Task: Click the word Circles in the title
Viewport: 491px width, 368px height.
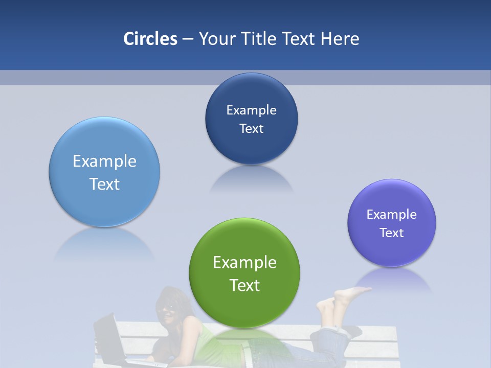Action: point(150,39)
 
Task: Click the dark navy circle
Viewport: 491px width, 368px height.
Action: point(251,119)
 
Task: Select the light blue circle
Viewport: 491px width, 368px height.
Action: point(104,172)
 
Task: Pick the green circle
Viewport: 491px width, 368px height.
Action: point(244,273)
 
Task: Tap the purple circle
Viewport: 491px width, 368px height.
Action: point(392,223)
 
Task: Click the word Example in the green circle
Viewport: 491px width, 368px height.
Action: point(244,262)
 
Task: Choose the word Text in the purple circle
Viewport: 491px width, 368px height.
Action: point(392,233)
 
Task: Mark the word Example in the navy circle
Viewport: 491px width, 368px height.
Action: point(251,110)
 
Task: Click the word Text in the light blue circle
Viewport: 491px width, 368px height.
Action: point(104,184)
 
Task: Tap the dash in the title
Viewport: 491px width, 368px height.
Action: point(188,39)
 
